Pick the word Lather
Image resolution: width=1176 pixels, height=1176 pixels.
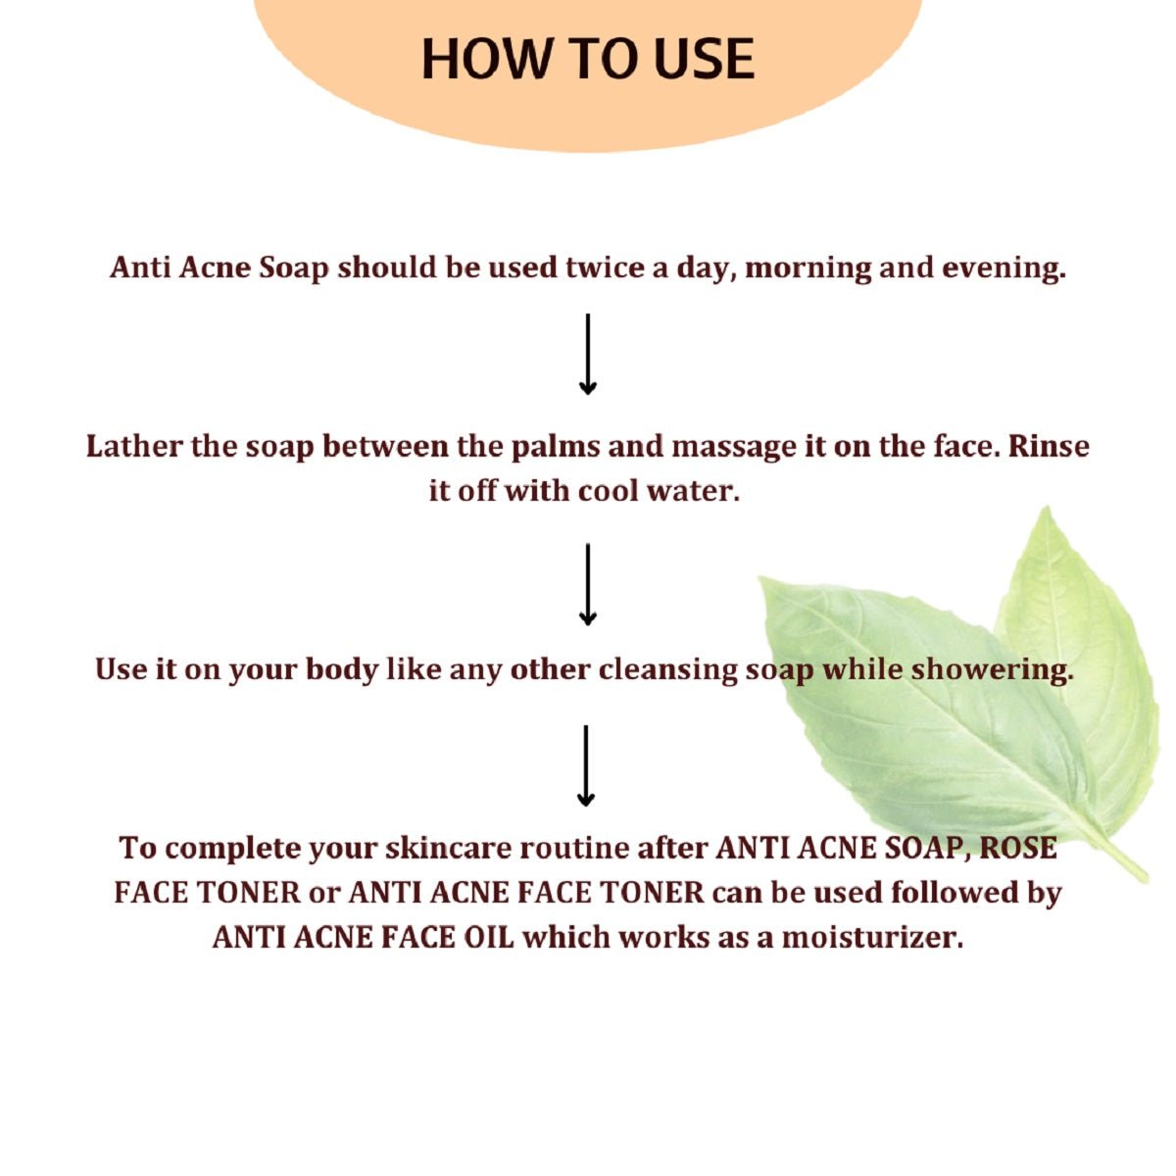(x=133, y=446)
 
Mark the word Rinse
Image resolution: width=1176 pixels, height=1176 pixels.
(x=1048, y=446)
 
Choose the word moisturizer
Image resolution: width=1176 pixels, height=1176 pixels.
(x=872, y=937)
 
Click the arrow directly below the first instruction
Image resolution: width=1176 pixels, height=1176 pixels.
(x=587, y=354)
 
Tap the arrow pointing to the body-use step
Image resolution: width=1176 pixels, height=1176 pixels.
(x=587, y=585)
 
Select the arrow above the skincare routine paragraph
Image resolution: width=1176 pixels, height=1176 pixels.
(x=586, y=766)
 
